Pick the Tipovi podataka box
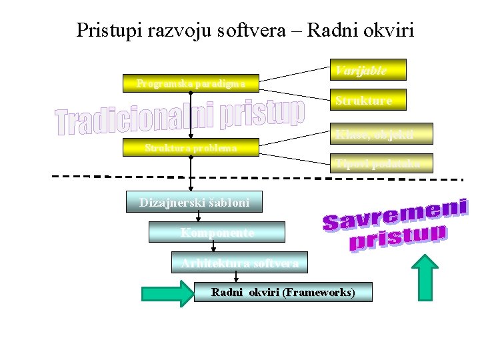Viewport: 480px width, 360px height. [x=381, y=164]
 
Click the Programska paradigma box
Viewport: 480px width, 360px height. [x=191, y=83]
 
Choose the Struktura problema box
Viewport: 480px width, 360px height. [x=191, y=148]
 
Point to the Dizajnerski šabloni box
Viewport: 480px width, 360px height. [x=195, y=202]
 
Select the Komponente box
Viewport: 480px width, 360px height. [x=217, y=232]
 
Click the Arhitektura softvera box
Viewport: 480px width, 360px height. [x=239, y=262]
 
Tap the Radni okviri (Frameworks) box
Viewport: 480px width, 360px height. [x=283, y=292]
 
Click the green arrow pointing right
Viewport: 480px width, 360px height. [x=166, y=293]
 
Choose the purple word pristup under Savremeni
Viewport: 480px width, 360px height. [x=398, y=238]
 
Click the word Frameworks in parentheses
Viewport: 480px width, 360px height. [x=319, y=292]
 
